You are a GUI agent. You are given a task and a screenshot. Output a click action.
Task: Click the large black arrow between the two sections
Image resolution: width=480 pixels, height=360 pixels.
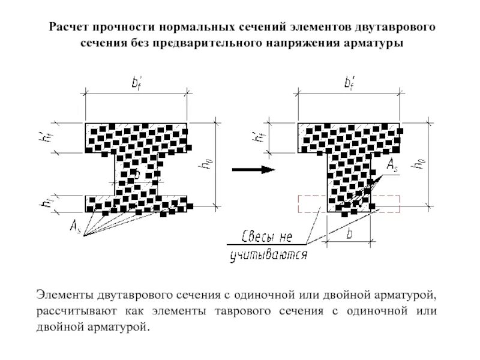pos(254,169)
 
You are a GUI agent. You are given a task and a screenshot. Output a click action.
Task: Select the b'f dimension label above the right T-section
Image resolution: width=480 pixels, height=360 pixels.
pos(349,84)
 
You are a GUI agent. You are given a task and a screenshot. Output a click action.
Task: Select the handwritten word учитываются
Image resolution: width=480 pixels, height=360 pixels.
pos(269,256)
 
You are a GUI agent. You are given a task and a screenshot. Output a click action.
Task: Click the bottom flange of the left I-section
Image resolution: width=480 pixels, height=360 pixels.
pos(136,203)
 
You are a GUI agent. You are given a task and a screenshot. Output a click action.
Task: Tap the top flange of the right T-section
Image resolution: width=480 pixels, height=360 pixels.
pos(349,137)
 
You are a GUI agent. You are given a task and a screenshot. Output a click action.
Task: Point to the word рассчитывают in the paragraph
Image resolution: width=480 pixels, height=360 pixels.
pos(77,312)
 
